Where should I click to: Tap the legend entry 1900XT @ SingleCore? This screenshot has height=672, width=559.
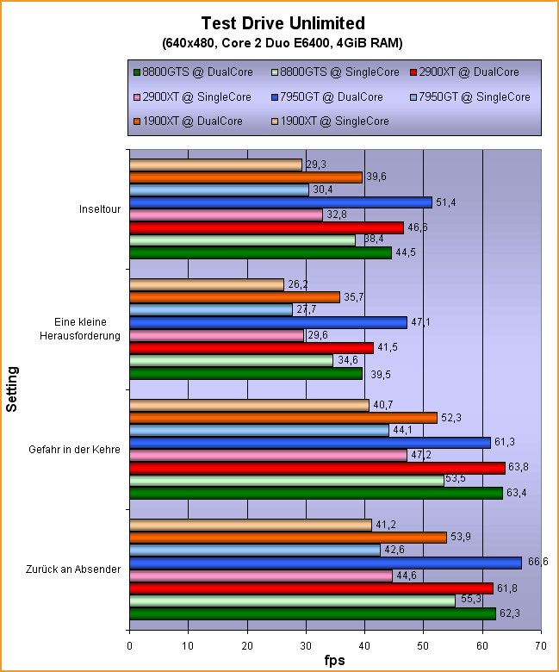point(338,121)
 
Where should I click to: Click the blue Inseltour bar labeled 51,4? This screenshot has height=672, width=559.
point(280,202)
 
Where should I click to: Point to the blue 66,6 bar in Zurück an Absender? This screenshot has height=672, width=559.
point(325,563)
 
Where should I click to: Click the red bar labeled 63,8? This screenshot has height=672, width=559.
point(317,468)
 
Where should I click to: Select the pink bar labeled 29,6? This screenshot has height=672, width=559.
point(216,335)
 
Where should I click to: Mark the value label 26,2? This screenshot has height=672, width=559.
point(298,284)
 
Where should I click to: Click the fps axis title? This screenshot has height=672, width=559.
point(335,660)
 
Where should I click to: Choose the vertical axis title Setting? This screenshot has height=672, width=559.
point(12,389)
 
